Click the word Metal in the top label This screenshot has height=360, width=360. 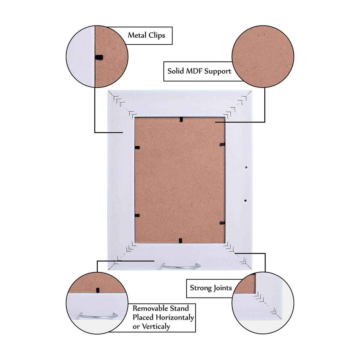pyautogui.click(x=137, y=35)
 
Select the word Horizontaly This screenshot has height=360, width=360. pyautogui.click(x=175, y=317)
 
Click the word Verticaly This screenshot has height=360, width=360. pyautogui.click(x=156, y=326)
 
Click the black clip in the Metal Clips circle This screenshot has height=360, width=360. pyautogui.click(x=99, y=57)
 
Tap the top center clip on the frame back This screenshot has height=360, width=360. pyautogui.click(x=181, y=119)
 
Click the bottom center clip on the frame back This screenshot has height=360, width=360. pyautogui.click(x=180, y=241)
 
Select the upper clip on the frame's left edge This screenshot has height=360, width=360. pyautogui.click(x=137, y=148)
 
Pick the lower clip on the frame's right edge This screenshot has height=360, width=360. pyautogui.click(x=222, y=223)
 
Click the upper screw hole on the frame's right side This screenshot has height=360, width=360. pyautogui.click(x=246, y=167)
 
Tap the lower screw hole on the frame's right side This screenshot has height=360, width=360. pyautogui.click(x=245, y=201)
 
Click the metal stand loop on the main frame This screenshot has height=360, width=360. pyautogui.click(x=181, y=267)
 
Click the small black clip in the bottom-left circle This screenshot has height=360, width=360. pyautogui.click(x=97, y=290)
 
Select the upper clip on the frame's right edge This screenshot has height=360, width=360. pyautogui.click(x=222, y=144)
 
